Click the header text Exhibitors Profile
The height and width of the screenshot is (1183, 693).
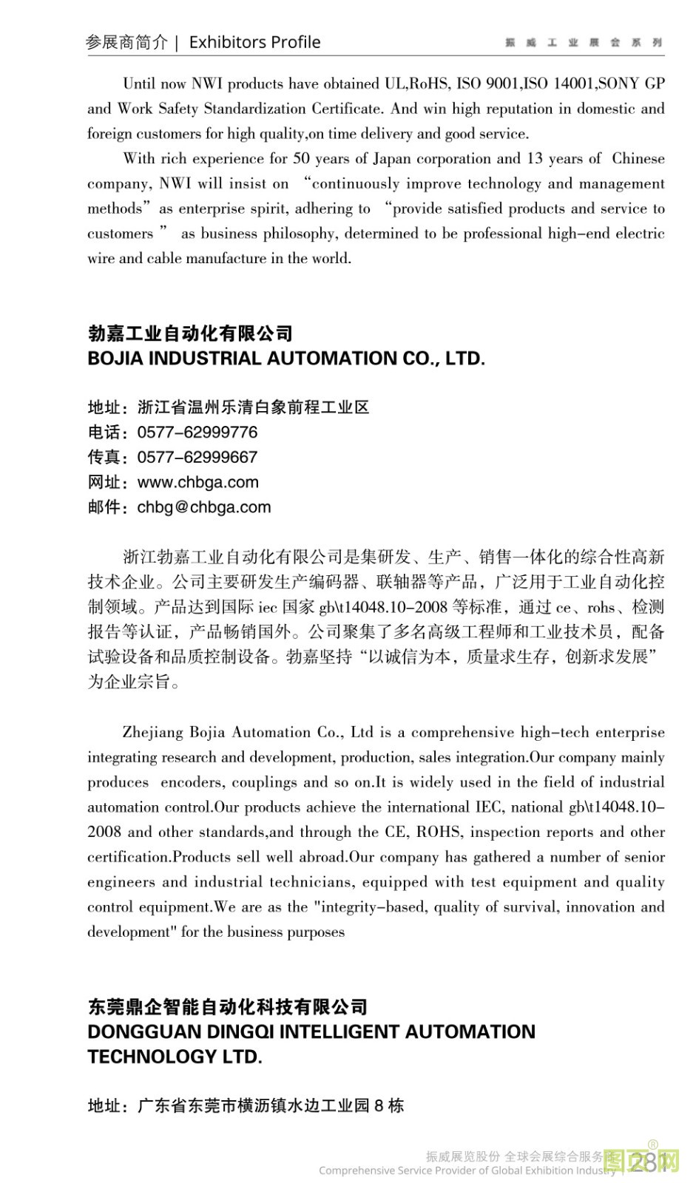click(x=254, y=42)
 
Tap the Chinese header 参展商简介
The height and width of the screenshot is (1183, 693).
click(x=126, y=42)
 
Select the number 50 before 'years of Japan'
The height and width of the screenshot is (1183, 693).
click(x=301, y=158)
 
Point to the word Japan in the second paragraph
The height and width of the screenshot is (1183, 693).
click(x=391, y=158)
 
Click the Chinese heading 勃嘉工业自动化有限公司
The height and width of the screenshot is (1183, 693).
click(x=190, y=333)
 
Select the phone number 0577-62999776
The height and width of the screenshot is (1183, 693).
click(x=197, y=432)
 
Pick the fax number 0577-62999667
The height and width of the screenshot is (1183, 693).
click(x=197, y=457)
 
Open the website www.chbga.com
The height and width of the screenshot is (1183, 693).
click(x=198, y=482)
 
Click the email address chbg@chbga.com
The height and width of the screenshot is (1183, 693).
click(x=204, y=507)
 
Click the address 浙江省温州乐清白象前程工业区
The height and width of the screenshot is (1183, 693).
click(x=253, y=407)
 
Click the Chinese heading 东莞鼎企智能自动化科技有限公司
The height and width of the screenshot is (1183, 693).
click(x=227, y=1007)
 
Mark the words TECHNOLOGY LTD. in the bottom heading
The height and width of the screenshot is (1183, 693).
click(x=175, y=1057)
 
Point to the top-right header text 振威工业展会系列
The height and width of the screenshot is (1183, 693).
click(x=584, y=43)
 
